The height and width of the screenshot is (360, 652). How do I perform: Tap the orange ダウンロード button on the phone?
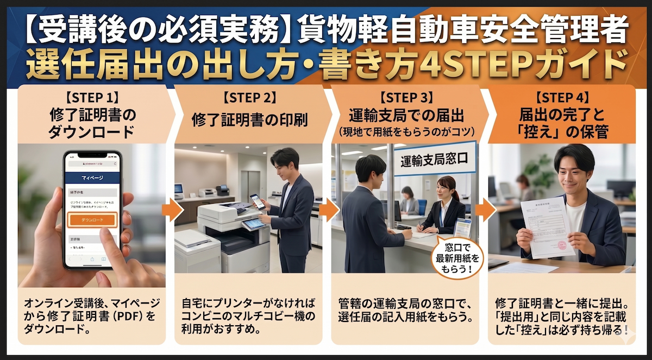click(92, 219)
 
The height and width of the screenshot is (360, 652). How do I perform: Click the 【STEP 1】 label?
click(92, 98)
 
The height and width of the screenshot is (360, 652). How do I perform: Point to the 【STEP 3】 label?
click(406, 98)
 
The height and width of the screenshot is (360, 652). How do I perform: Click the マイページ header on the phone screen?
click(92, 177)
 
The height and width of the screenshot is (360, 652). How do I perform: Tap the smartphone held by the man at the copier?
click(258, 202)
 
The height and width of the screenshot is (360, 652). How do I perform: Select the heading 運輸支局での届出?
click(406, 116)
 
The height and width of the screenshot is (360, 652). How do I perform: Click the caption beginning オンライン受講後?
click(92, 315)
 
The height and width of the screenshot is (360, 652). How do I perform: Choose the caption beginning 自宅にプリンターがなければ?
click(249, 315)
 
